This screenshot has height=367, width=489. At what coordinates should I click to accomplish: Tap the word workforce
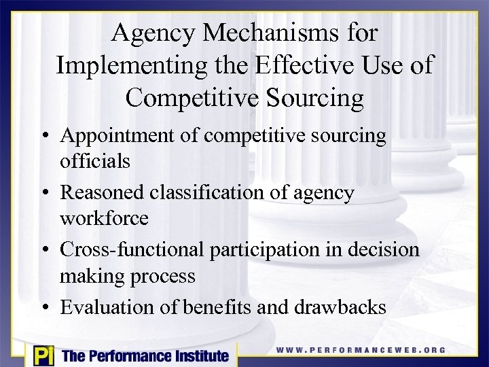tap(103, 219)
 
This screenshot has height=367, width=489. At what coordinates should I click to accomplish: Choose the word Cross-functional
tap(132, 249)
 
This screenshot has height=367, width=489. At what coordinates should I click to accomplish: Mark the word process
tap(165, 276)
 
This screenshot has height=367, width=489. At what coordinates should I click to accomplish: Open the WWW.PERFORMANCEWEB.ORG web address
tap(361, 350)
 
